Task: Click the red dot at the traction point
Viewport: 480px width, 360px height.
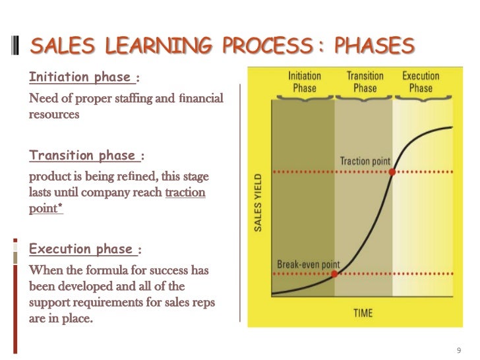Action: (392, 171)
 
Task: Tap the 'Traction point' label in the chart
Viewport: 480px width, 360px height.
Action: (365, 161)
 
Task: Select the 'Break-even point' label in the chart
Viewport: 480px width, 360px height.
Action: (308, 264)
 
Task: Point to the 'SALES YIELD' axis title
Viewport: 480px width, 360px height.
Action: (258, 202)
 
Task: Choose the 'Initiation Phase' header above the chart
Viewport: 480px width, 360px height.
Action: (305, 82)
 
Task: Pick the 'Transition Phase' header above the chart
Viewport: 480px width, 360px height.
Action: (365, 82)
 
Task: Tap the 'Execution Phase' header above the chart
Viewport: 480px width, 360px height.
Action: (421, 82)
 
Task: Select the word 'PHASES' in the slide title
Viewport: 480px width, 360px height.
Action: (374, 45)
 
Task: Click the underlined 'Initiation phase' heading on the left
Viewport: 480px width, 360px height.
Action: (80, 77)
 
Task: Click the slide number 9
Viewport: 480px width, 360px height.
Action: (459, 349)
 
